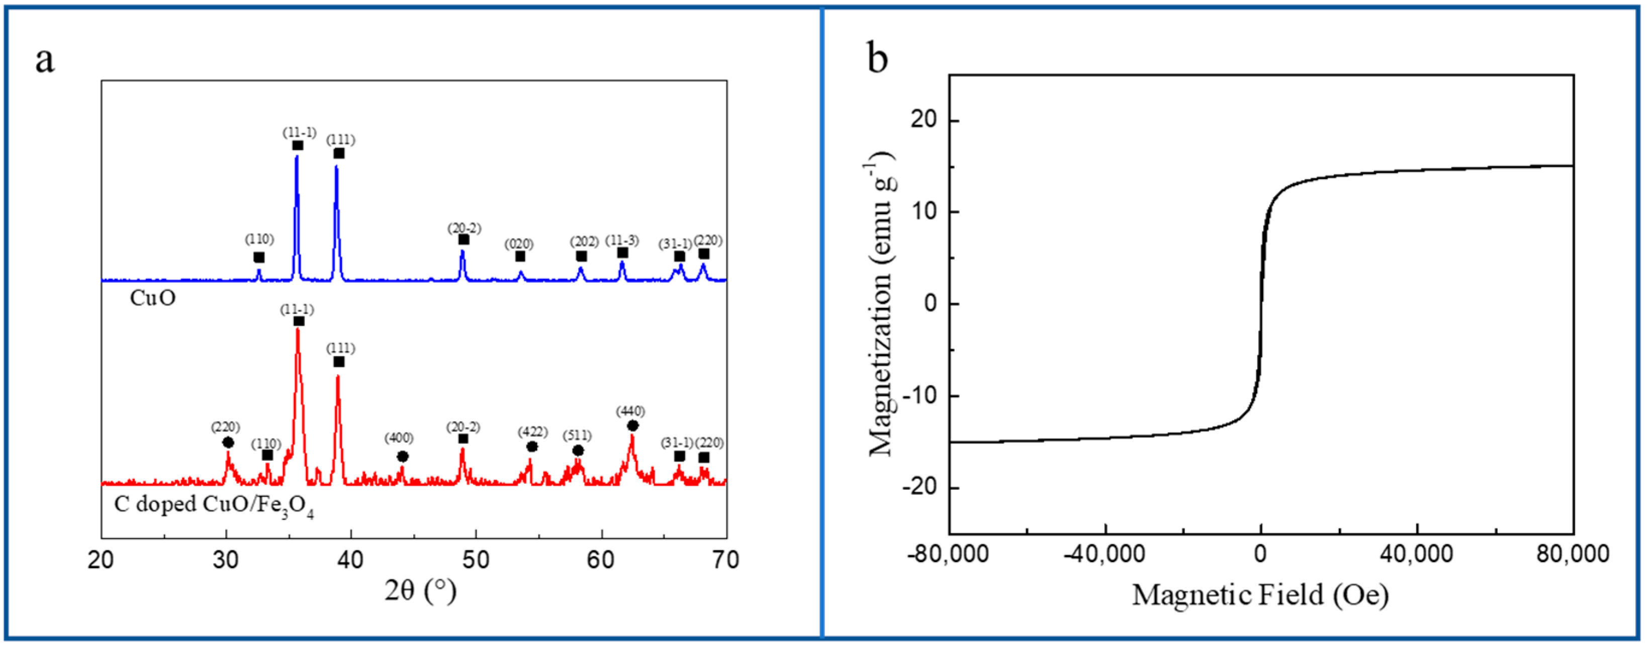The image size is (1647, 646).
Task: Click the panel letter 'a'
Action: point(45,61)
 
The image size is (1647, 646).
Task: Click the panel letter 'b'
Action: point(877,59)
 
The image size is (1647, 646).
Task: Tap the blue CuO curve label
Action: point(152,298)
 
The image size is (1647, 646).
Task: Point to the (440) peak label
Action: point(630,411)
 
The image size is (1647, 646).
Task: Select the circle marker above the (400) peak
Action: point(402,456)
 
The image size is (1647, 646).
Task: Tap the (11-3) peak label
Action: point(621,240)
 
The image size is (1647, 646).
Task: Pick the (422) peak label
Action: point(532,432)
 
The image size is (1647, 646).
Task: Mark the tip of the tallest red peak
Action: point(297,330)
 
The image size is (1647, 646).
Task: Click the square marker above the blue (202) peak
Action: point(581,256)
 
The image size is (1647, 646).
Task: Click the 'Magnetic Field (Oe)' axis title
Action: point(1260,595)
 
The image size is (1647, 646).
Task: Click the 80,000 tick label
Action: point(1572,554)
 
